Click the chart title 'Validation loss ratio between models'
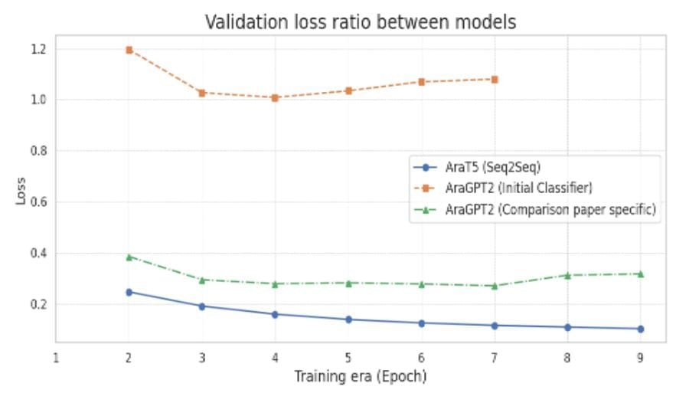tap(360, 22)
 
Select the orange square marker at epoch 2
tap(129, 50)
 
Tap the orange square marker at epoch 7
tap(495, 79)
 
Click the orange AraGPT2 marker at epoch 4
tap(275, 97)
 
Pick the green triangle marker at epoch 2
tap(129, 257)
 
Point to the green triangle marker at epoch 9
tap(641, 274)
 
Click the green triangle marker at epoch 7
tap(495, 286)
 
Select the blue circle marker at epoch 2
tap(129, 292)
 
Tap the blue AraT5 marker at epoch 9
tap(641, 329)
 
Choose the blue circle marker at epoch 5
tap(348, 319)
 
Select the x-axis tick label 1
tap(56, 357)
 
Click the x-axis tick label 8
tap(567, 357)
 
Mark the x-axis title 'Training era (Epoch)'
tap(360, 376)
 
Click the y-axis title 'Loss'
tap(21, 191)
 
